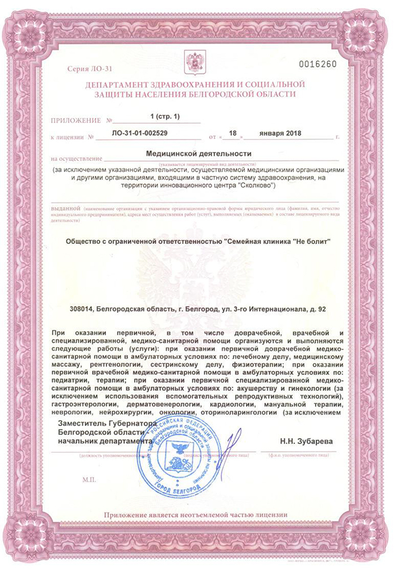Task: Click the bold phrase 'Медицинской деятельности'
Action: pyautogui.click(x=199, y=153)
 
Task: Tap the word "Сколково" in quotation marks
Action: pyautogui.click(x=256, y=186)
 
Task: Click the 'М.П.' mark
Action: pyautogui.click(x=89, y=480)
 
